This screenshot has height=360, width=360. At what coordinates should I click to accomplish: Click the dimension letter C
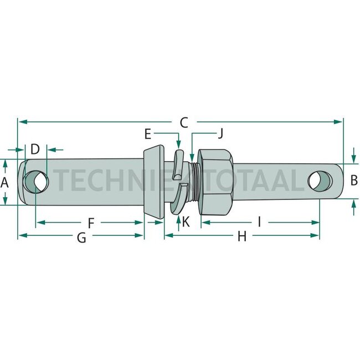click(184, 122)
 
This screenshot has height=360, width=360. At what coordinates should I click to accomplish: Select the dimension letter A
click(4, 183)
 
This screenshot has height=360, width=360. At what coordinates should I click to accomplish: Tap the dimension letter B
click(354, 180)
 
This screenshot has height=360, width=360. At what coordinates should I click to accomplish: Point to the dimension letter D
click(35, 149)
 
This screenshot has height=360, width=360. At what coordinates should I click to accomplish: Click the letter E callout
click(148, 134)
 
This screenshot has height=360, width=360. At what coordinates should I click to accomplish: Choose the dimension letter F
click(91, 223)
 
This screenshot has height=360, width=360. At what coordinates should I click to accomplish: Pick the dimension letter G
click(81, 238)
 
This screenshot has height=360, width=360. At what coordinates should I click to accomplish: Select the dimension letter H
click(242, 236)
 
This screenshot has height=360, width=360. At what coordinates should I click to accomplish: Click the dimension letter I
click(259, 222)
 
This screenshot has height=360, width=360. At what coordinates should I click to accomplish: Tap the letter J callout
click(220, 133)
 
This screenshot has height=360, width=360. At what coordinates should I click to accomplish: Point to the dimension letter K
click(186, 222)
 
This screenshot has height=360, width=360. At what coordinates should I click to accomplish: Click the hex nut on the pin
click(215, 182)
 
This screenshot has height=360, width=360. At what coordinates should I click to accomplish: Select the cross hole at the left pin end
click(37, 181)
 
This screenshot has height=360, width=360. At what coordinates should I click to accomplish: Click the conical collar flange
click(154, 181)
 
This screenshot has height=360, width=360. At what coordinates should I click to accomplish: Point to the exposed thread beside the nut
click(195, 182)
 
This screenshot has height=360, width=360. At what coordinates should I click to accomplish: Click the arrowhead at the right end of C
click(338, 122)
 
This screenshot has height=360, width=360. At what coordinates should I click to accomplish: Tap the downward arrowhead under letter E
click(178, 145)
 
